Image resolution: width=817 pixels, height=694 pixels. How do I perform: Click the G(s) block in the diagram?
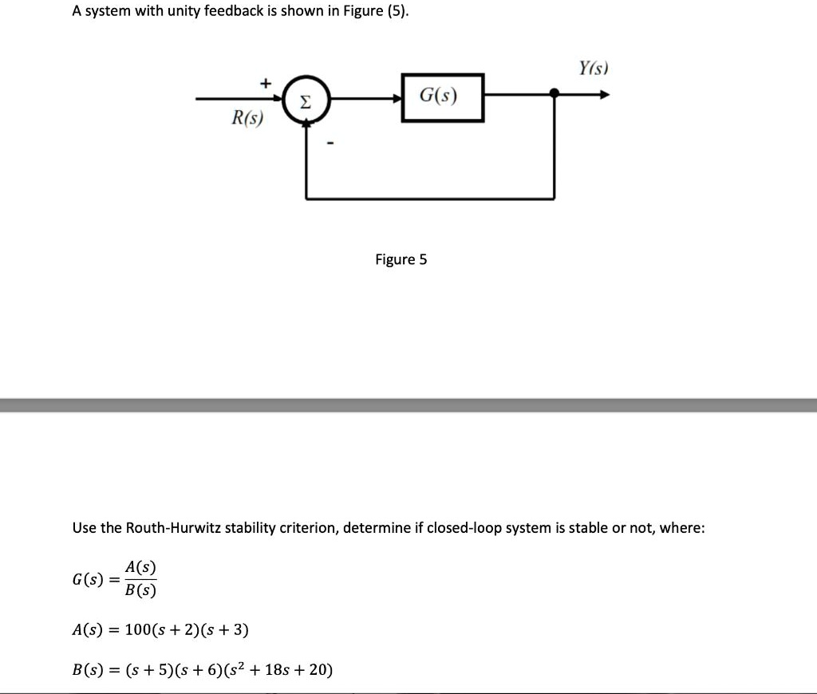(442, 97)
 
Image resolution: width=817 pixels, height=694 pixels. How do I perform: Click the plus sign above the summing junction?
(266, 82)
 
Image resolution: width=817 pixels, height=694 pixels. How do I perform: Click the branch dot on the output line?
(555, 95)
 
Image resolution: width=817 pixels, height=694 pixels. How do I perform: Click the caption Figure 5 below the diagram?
(401, 259)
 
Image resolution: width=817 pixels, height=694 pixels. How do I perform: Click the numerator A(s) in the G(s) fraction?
(140, 567)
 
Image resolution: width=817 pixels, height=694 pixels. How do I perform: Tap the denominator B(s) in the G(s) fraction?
(140, 591)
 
